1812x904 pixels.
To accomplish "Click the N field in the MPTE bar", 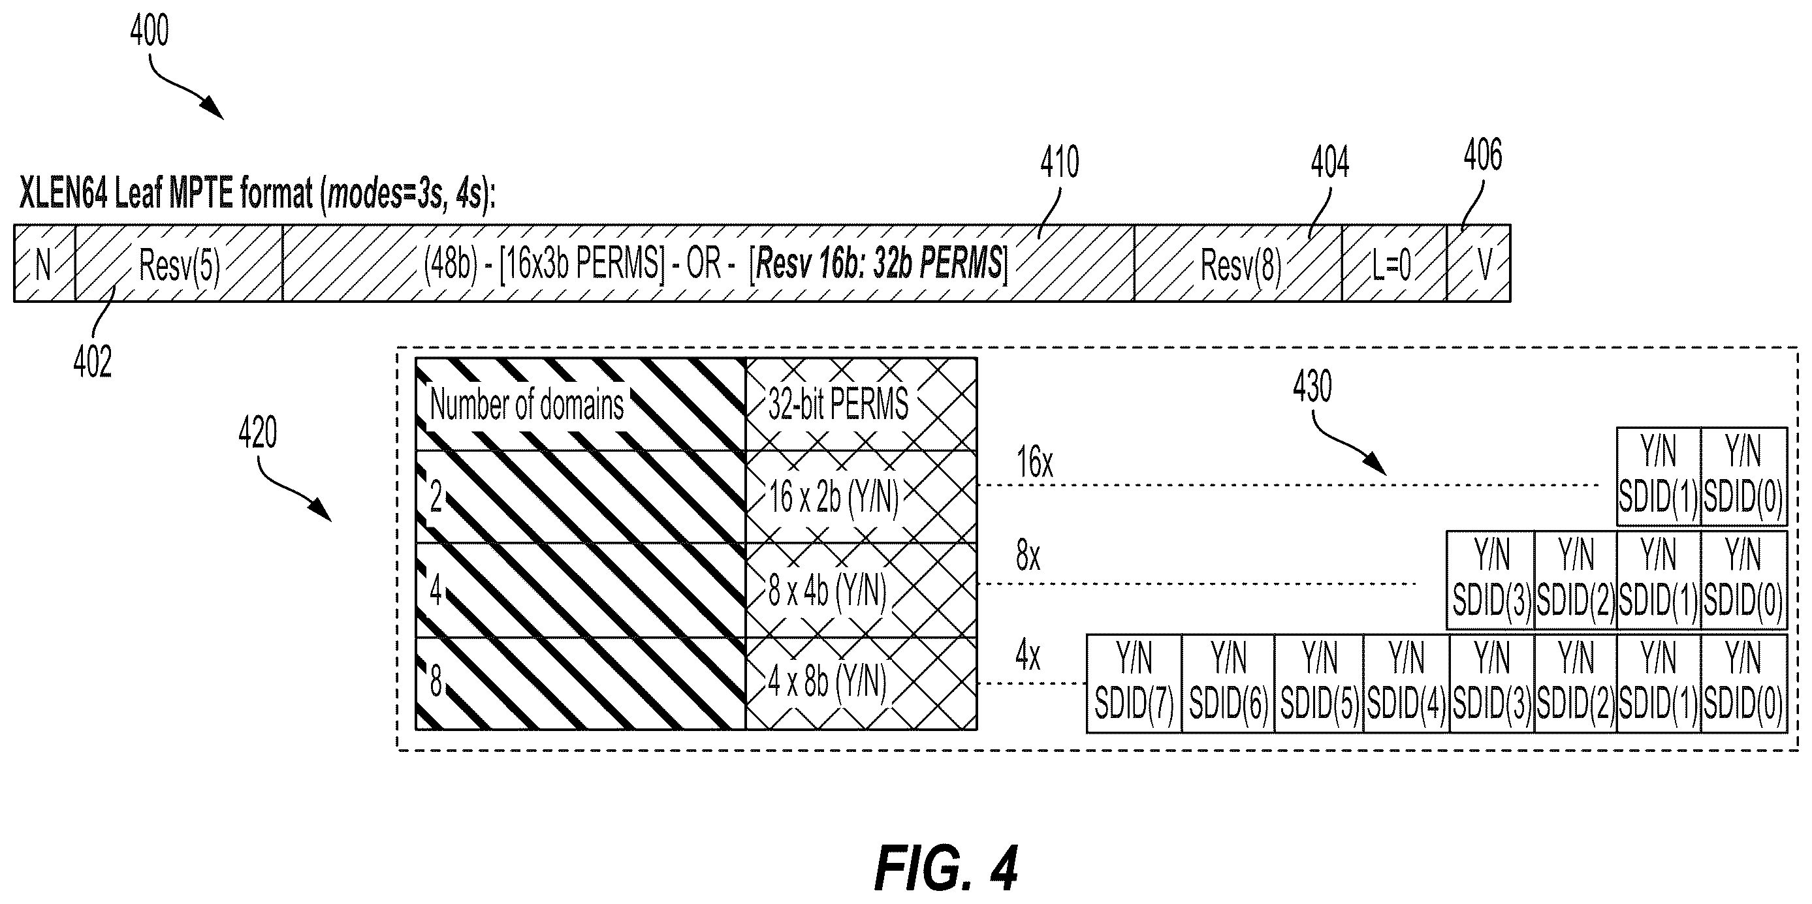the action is tap(44, 264).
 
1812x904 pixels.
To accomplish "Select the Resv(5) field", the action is tap(179, 264).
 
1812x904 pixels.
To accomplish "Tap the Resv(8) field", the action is tap(1238, 264).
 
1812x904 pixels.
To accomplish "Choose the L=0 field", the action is tap(1394, 264).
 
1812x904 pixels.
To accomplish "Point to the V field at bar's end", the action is tap(1478, 264).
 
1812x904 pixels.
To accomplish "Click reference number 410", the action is tap(1059, 163).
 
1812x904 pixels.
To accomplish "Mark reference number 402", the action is tap(92, 363).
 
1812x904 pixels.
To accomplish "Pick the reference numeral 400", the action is tap(149, 31).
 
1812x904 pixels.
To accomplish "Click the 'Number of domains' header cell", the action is tap(580, 404).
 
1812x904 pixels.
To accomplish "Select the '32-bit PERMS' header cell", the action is tap(861, 404).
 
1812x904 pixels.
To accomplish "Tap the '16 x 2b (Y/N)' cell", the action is tap(861, 496).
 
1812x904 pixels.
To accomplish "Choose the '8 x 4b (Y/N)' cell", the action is tap(861, 590).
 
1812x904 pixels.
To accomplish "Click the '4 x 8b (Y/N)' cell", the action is tap(861, 683).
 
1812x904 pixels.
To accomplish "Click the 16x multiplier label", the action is tap(1035, 463).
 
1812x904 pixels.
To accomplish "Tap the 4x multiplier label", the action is tap(1028, 655).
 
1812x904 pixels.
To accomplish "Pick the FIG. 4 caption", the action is tap(946, 868).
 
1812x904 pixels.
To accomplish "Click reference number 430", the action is tap(1312, 386).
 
